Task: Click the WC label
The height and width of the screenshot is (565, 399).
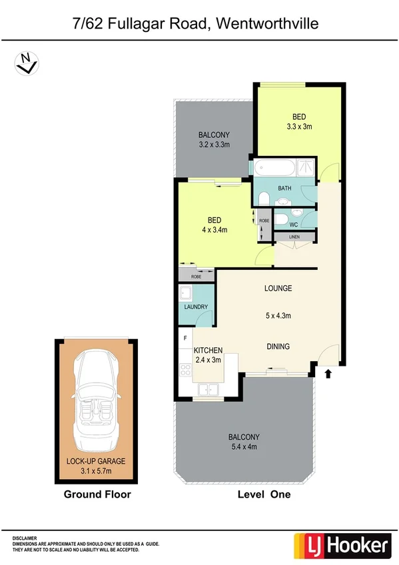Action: click(x=294, y=224)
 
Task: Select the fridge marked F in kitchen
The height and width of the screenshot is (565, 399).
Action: click(x=185, y=338)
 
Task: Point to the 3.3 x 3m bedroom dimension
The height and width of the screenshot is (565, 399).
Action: click(x=299, y=127)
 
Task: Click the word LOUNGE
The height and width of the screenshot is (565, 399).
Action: click(x=278, y=288)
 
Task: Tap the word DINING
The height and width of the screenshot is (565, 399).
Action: click(x=278, y=346)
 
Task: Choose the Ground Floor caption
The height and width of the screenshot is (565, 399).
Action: click(x=97, y=495)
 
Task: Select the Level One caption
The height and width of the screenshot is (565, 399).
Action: click(x=264, y=495)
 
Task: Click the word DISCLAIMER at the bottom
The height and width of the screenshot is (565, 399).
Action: click(x=26, y=536)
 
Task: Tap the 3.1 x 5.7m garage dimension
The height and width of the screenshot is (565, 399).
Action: click(x=96, y=470)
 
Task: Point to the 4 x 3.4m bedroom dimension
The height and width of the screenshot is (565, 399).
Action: click(x=214, y=231)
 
